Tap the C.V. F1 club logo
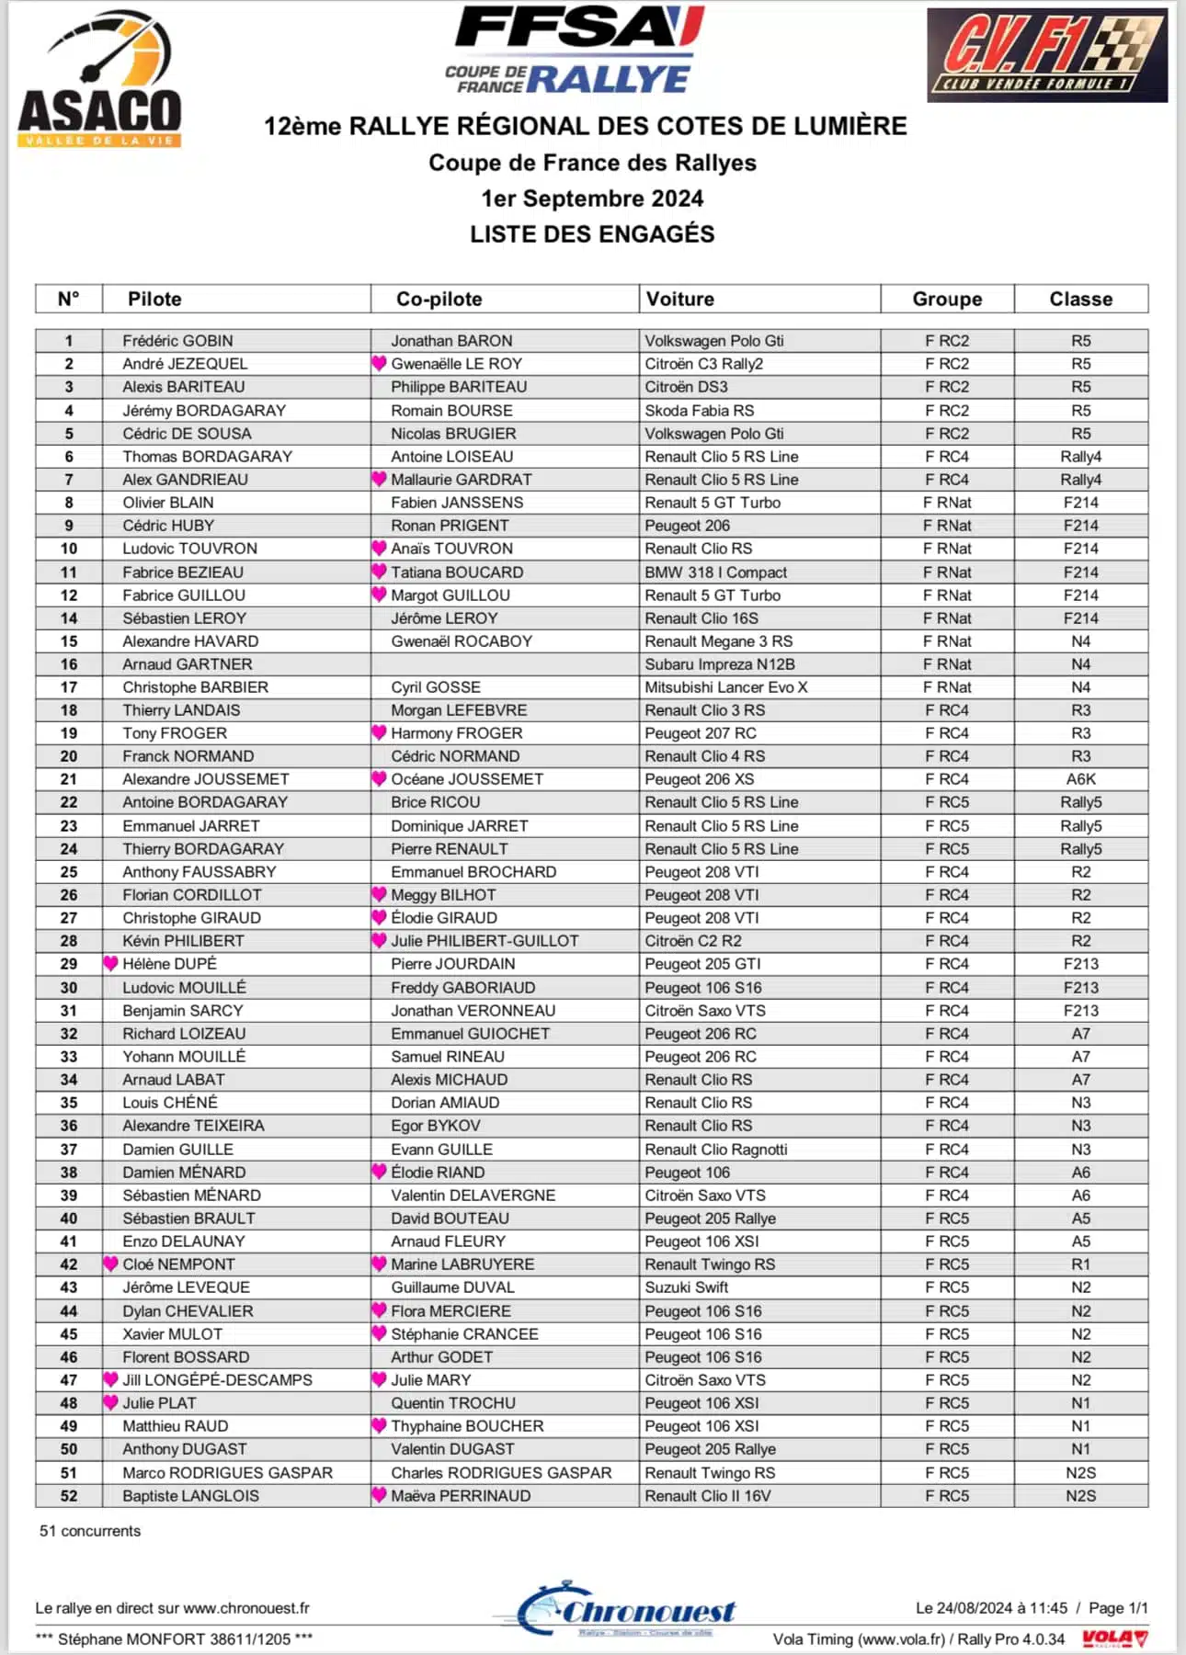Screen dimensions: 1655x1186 [1046, 55]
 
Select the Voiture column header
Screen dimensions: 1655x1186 [680, 299]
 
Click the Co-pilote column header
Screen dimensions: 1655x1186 [439, 299]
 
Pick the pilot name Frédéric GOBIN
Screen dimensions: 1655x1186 [177, 341]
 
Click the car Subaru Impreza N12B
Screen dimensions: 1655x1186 [719, 664]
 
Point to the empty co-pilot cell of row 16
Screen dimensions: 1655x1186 [504, 664]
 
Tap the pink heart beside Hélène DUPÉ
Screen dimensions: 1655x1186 [111, 964]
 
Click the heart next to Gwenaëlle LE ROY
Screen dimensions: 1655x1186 [379, 364]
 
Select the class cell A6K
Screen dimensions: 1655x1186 [1080, 779]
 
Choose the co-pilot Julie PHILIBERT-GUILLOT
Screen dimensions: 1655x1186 [485, 941]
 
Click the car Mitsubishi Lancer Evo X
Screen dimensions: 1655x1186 [725, 687]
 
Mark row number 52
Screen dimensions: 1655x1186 [69, 1496]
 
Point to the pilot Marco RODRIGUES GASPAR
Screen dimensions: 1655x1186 [227, 1473]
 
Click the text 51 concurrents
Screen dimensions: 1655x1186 [90, 1531]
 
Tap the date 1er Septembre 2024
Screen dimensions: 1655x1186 [592, 198]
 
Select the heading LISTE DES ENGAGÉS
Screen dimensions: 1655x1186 [592, 234]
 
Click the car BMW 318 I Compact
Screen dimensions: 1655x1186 [715, 572]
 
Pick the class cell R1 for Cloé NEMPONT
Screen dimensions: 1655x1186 [1080, 1264]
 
